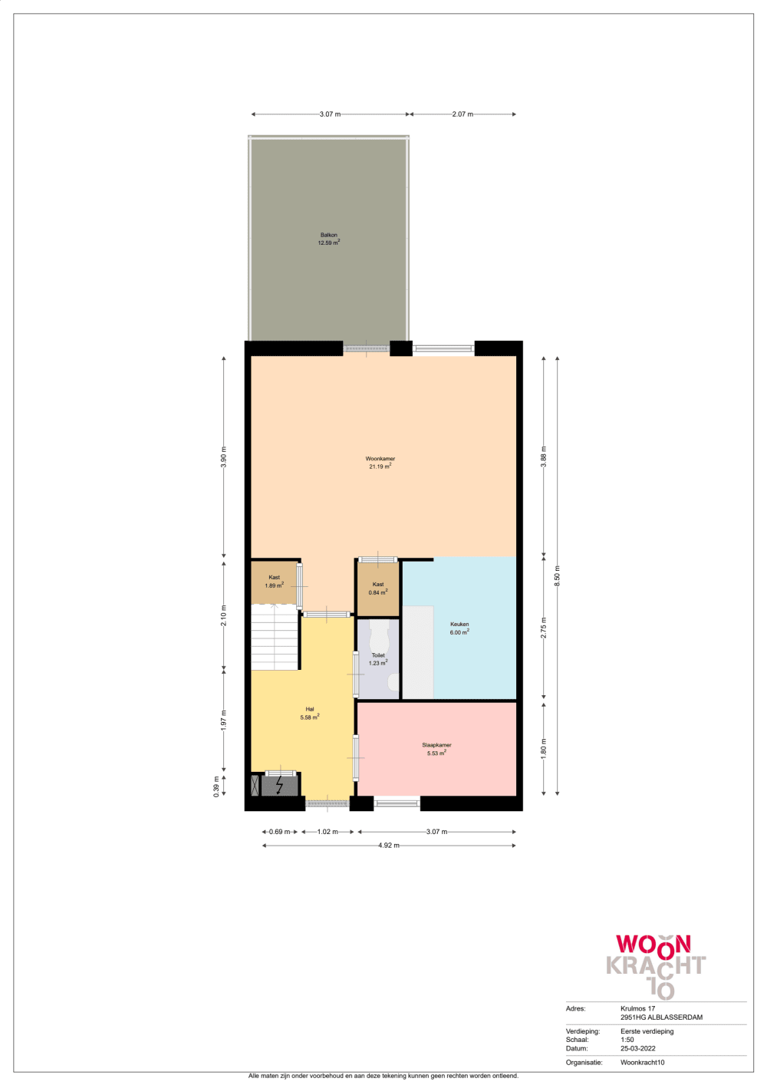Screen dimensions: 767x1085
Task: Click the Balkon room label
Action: pos(329,239)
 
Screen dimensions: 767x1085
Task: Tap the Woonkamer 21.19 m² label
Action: pos(380,462)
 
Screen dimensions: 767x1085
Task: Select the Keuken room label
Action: pos(459,628)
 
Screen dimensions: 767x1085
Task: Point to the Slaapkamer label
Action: pos(436,750)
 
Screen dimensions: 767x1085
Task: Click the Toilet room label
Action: pos(378,659)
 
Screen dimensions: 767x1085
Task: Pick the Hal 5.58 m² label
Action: pos(309,714)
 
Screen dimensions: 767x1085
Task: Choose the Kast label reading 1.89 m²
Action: pos(274,582)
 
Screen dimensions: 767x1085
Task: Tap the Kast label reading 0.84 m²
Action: pos(378,589)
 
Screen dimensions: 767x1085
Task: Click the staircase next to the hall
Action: pos(274,637)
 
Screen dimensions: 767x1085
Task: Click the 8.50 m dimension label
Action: pos(558,576)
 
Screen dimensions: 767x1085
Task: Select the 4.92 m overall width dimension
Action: pos(389,846)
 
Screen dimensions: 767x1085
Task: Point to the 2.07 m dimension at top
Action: pos(463,114)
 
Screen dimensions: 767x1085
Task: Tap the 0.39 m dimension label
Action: pos(216,787)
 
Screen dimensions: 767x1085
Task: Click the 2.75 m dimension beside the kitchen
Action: pos(544,628)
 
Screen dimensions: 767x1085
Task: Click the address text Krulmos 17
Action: pos(637,1008)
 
